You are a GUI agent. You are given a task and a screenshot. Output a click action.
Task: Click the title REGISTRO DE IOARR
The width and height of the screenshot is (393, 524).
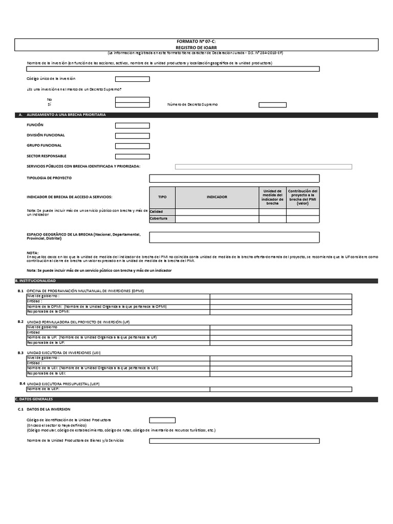(196, 47)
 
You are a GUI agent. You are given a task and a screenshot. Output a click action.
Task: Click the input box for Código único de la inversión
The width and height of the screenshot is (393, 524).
(132, 79)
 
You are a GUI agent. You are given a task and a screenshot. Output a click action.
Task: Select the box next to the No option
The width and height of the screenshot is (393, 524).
(132, 99)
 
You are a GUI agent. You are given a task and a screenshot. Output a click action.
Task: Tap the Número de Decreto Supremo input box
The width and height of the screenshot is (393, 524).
(272, 105)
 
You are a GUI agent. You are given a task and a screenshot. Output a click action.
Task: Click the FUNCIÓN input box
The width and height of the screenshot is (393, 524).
(132, 125)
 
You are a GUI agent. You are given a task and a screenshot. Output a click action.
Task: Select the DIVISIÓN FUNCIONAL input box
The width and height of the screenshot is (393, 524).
(132, 136)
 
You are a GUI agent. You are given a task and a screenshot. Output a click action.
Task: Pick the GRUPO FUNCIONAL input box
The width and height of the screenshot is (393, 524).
(132, 146)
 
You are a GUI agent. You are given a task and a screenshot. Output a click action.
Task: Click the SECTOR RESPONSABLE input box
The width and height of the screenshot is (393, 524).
(132, 156)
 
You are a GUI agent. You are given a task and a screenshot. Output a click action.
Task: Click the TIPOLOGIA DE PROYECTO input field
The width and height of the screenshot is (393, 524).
(234, 178)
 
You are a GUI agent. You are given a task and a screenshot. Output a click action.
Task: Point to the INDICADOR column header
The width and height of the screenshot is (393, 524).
(216, 197)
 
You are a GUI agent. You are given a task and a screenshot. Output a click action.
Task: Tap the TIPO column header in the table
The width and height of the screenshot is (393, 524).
(162, 197)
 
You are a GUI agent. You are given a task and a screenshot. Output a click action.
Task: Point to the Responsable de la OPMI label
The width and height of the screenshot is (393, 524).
(49, 311)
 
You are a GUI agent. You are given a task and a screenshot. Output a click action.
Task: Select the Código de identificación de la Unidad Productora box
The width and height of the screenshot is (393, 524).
(162, 420)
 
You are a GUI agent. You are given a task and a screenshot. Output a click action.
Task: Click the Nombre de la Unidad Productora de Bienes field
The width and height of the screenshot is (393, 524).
(234, 441)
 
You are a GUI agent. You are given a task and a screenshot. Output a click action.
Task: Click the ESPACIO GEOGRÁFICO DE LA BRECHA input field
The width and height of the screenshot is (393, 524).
(234, 237)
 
